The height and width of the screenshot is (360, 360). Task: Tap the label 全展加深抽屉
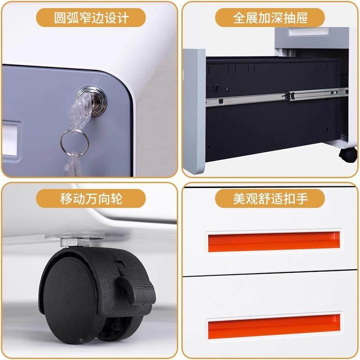click(270, 18)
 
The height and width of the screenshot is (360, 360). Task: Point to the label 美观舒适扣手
click(270, 198)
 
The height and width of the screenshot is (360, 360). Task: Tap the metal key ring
click(73, 140)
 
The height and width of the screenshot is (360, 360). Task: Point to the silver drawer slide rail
click(274, 96)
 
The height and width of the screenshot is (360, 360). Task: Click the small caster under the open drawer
click(348, 154)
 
